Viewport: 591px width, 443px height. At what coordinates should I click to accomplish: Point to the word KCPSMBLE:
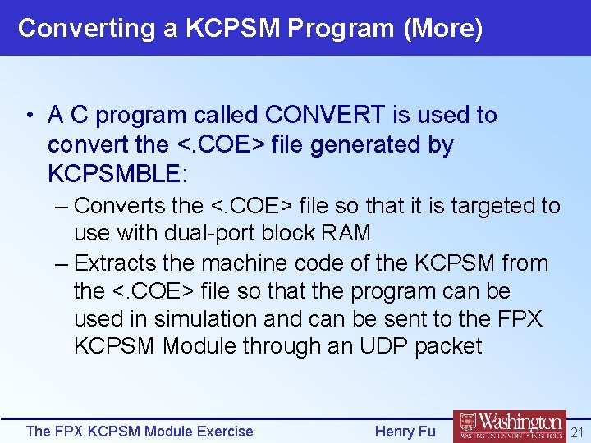118,173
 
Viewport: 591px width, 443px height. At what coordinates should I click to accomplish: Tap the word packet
448,345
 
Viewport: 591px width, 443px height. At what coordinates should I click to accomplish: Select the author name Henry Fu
405,431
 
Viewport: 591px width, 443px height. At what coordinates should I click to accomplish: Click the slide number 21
577,432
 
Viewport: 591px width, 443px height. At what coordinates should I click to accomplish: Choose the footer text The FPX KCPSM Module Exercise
140,431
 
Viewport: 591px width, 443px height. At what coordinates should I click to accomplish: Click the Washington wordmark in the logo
521,422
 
